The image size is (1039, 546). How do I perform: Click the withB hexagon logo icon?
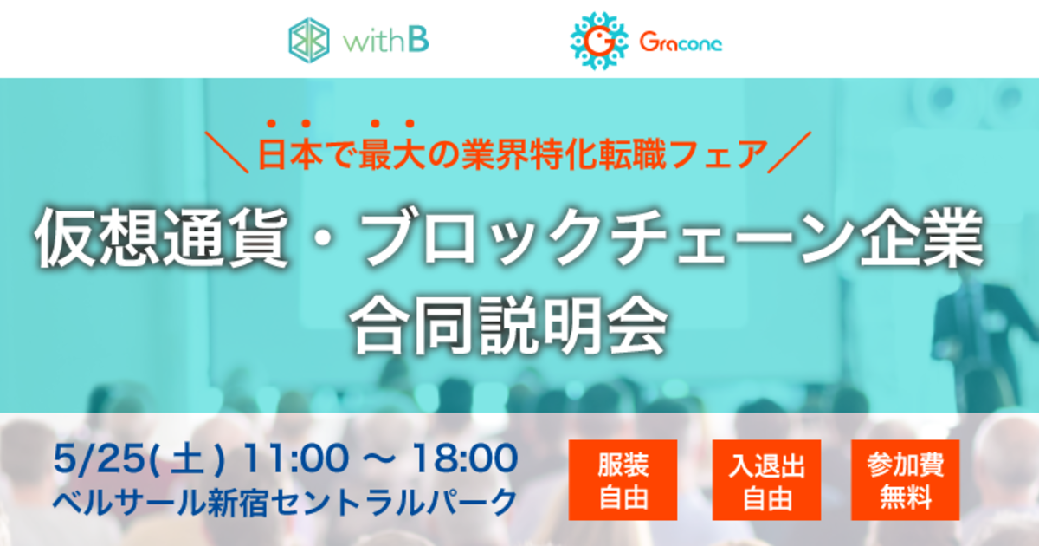[309, 41]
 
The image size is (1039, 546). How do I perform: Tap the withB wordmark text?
[386, 41]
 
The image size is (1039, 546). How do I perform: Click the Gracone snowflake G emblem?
[599, 41]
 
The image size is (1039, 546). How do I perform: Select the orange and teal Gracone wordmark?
[681, 42]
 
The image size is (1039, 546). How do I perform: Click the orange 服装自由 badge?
[623, 480]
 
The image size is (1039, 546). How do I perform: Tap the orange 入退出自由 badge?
[767, 480]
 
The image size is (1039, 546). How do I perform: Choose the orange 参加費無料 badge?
[905, 480]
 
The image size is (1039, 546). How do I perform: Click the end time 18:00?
[465, 458]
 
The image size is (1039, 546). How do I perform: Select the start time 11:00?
[295, 458]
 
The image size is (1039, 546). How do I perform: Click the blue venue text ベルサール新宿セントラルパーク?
[285, 503]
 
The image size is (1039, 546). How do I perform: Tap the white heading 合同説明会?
[508, 325]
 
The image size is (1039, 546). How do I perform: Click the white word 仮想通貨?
[161, 238]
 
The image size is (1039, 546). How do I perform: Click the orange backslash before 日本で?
[227, 153]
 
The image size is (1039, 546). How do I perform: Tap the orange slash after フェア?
[790, 153]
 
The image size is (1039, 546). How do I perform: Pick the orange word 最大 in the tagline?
[392, 154]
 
